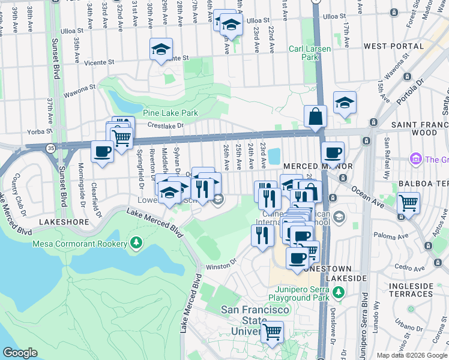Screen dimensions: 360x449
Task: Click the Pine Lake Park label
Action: click(170, 113)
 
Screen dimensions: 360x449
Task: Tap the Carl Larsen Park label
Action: click(311, 53)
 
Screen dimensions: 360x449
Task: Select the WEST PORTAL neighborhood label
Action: click(394, 46)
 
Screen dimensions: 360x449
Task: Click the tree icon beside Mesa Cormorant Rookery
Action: click(136, 243)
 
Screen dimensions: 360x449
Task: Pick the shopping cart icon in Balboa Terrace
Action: click(408, 202)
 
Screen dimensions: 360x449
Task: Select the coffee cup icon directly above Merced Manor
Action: click(332, 152)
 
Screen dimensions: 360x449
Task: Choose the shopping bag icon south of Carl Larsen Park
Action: click(315, 116)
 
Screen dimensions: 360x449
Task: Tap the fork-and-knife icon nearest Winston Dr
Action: click(262, 233)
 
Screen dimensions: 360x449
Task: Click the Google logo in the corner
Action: click(20, 353)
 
